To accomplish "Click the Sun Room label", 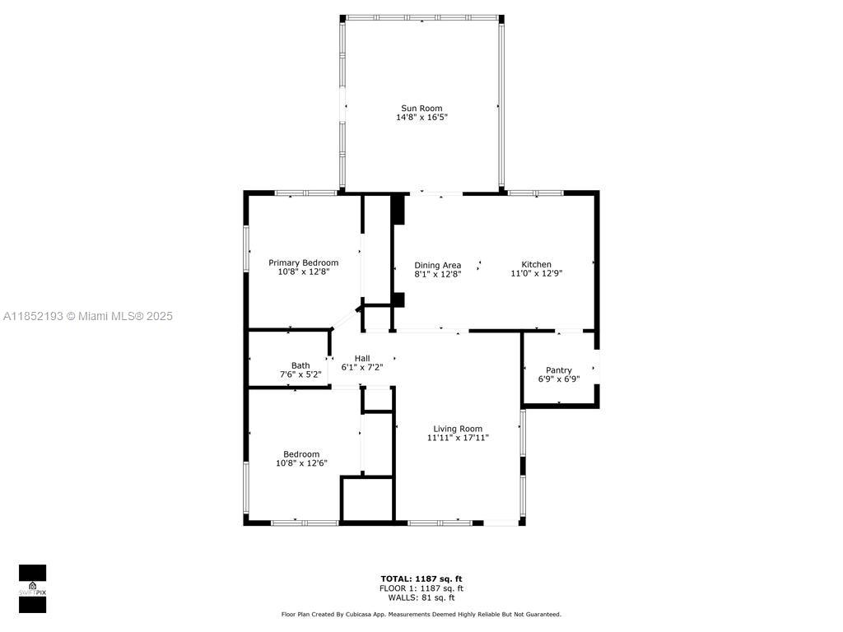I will pos(421,108).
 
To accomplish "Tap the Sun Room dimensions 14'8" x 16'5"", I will pos(421,118).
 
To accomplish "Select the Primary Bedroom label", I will pos(303,263).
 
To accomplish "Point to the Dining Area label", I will pos(437,265).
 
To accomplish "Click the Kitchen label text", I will pos(536,264).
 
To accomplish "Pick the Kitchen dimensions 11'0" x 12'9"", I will pos(536,274).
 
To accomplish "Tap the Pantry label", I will pos(559,370).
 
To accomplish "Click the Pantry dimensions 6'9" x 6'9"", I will pos(559,380).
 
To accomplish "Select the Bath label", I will pos(300,365).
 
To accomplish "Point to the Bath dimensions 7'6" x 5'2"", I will pos(300,375).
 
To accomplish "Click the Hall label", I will pos(362,358).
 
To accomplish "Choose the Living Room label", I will pos(458,429).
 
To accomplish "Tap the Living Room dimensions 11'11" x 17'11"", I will pos(458,439).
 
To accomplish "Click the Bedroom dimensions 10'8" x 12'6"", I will pos(301,464).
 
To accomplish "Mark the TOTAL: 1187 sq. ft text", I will pos(421,579).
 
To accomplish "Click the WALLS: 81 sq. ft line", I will pos(421,597).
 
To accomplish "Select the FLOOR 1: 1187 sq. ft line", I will pos(421,588).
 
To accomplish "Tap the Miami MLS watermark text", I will pos(87,316).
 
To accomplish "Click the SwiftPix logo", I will pos(32,588).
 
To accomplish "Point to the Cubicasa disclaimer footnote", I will pos(421,614).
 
